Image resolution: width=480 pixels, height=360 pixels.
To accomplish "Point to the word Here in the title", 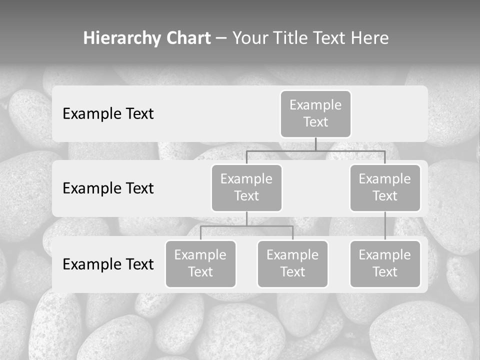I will pos(370,38).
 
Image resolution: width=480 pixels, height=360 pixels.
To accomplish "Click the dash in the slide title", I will pos(221,38).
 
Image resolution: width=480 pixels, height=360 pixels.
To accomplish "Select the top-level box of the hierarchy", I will pos(315,114).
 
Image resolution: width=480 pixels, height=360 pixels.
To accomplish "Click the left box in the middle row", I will pos(246,188).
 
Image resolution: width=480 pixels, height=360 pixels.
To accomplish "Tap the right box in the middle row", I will pos(385,188).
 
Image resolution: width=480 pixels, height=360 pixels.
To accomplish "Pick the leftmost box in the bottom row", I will pos(200,264).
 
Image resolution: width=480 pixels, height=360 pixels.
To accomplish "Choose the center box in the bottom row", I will pos(292,264).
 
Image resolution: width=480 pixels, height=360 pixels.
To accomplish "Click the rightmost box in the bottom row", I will pos(385,264).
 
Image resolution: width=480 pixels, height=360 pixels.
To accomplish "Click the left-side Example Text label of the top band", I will pos(108,114).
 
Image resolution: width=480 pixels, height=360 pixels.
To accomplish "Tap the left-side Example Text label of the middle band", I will pos(108,188).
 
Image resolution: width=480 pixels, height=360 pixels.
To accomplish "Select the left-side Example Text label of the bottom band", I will pos(108,264).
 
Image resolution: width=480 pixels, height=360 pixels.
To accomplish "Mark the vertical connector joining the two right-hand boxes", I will pos(385,226).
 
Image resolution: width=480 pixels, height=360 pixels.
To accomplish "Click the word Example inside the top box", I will pos(315,105).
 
